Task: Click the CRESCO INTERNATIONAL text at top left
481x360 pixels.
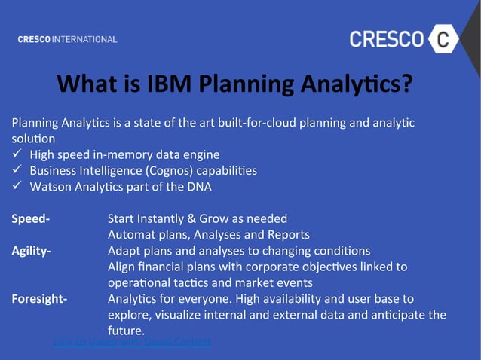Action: (67, 39)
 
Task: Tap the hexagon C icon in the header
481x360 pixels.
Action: (446, 39)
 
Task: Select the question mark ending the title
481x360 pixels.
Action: (406, 84)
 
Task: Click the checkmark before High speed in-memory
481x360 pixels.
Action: (17, 154)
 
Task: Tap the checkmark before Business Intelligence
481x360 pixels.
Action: (17, 170)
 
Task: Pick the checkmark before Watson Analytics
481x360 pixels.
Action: (17, 186)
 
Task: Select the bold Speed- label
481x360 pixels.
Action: (31, 218)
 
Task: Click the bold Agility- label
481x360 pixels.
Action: (32, 250)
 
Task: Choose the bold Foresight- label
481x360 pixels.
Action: (39, 298)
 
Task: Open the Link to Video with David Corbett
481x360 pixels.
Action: (132, 342)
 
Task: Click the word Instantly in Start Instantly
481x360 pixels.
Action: (166, 218)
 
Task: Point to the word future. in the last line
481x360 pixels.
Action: (126, 331)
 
